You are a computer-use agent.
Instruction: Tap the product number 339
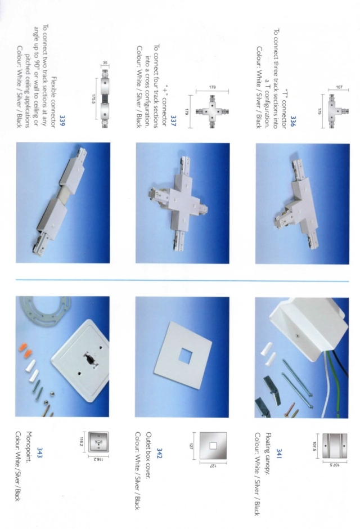click(62, 120)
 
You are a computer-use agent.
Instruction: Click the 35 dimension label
click(105, 64)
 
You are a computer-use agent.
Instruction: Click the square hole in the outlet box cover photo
click(182, 358)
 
